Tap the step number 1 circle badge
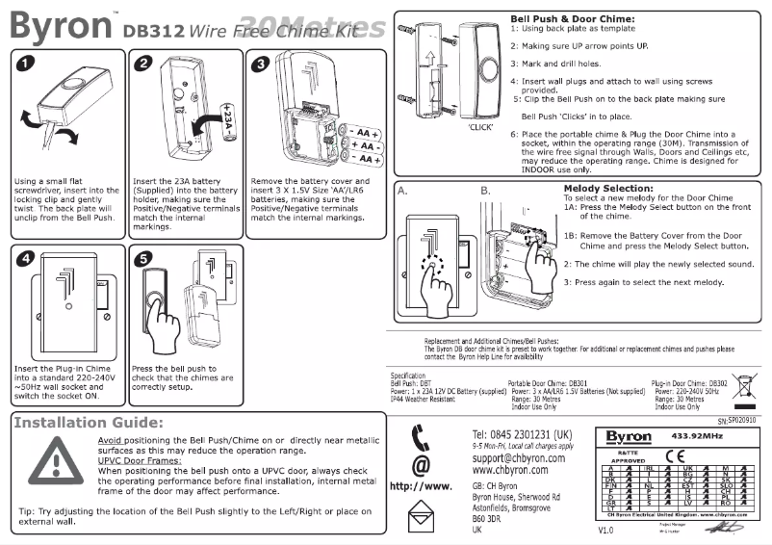pyautogui.click(x=27, y=65)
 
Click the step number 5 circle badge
pyautogui.click(x=142, y=259)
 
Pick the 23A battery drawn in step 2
pyautogui.click(x=226, y=123)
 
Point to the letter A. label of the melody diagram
pyautogui.click(x=404, y=191)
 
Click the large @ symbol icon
pyautogui.click(x=420, y=466)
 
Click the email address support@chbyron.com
pyautogui.click(x=518, y=458)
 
